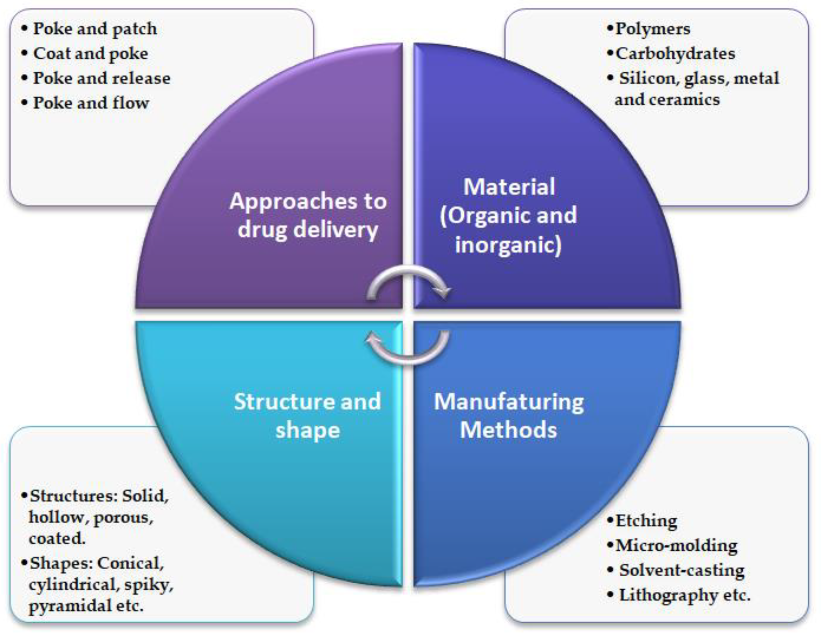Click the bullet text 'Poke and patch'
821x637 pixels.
pyautogui.click(x=95, y=29)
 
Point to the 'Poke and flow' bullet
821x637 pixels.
pyautogui.click(x=91, y=103)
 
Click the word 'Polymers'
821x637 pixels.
pyautogui.click(x=653, y=29)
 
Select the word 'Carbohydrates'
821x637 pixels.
pyautogui.click(x=675, y=53)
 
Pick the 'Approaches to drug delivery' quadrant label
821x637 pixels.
pyautogui.click(x=308, y=215)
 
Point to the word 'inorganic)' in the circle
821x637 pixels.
pyautogui.click(x=508, y=245)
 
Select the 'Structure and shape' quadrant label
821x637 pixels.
pyautogui.click(x=308, y=416)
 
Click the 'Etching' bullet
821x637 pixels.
pyautogui.click(x=646, y=521)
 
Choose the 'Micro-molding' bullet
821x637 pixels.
pyautogui.click(x=676, y=545)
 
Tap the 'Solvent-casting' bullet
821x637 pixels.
pyautogui.click(x=682, y=570)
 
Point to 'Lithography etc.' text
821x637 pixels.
pyautogui.click(x=684, y=595)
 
